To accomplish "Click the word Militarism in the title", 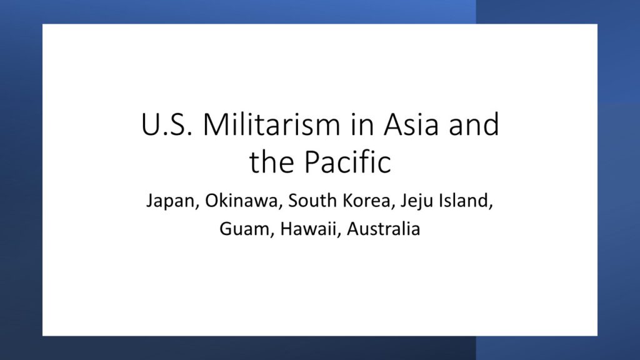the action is pyautogui.click(x=271, y=124).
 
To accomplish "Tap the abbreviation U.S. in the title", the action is pyautogui.click(x=166, y=124).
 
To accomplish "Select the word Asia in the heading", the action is pyautogui.click(x=411, y=124).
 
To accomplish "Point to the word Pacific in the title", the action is pyautogui.click(x=347, y=162).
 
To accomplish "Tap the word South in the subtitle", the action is pyautogui.click(x=312, y=201).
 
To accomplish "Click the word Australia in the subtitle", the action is pyautogui.click(x=383, y=229).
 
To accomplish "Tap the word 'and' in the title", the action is pyautogui.click(x=474, y=124).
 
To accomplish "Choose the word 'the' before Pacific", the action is pyautogui.click(x=272, y=162).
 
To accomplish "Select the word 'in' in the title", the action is pyautogui.click(x=362, y=125).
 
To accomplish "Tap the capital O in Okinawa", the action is pyautogui.click(x=212, y=201).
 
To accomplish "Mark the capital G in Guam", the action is pyautogui.click(x=226, y=229).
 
